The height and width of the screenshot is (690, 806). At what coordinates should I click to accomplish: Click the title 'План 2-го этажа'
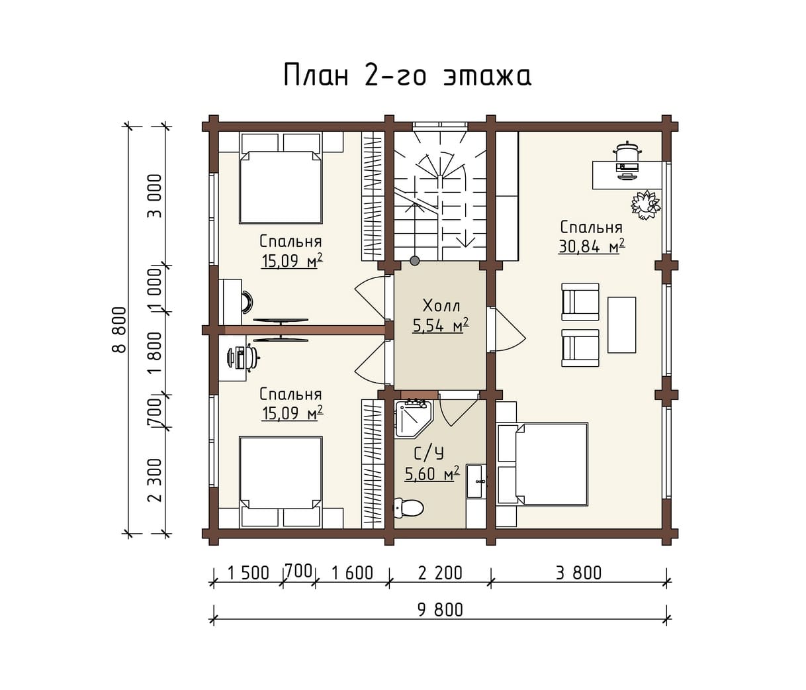pos(407,75)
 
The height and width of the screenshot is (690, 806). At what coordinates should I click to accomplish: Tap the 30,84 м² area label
pos(592,246)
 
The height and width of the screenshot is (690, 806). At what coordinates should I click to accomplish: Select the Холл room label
pos(441,306)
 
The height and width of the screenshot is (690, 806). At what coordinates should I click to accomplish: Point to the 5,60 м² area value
pos(431,473)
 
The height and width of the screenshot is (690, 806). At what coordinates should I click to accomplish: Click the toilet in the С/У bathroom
pos(408,508)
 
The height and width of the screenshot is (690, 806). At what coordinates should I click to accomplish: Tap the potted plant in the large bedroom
pos(646,205)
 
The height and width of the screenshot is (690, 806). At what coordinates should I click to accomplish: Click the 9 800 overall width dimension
pos(440,610)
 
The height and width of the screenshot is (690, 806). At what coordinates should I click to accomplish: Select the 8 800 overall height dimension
pos(119,330)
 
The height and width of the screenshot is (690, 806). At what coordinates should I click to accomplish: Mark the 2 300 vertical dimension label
pos(156,480)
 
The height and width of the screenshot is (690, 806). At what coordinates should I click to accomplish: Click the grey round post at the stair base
pos(414,260)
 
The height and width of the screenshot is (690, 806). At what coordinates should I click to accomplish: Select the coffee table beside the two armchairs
pos(621,324)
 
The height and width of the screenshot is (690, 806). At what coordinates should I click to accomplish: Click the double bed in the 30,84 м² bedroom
pos(542,464)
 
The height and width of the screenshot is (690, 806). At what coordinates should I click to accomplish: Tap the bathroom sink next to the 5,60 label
pos(476,481)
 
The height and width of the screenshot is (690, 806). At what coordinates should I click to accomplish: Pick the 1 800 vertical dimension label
pos(156,353)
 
